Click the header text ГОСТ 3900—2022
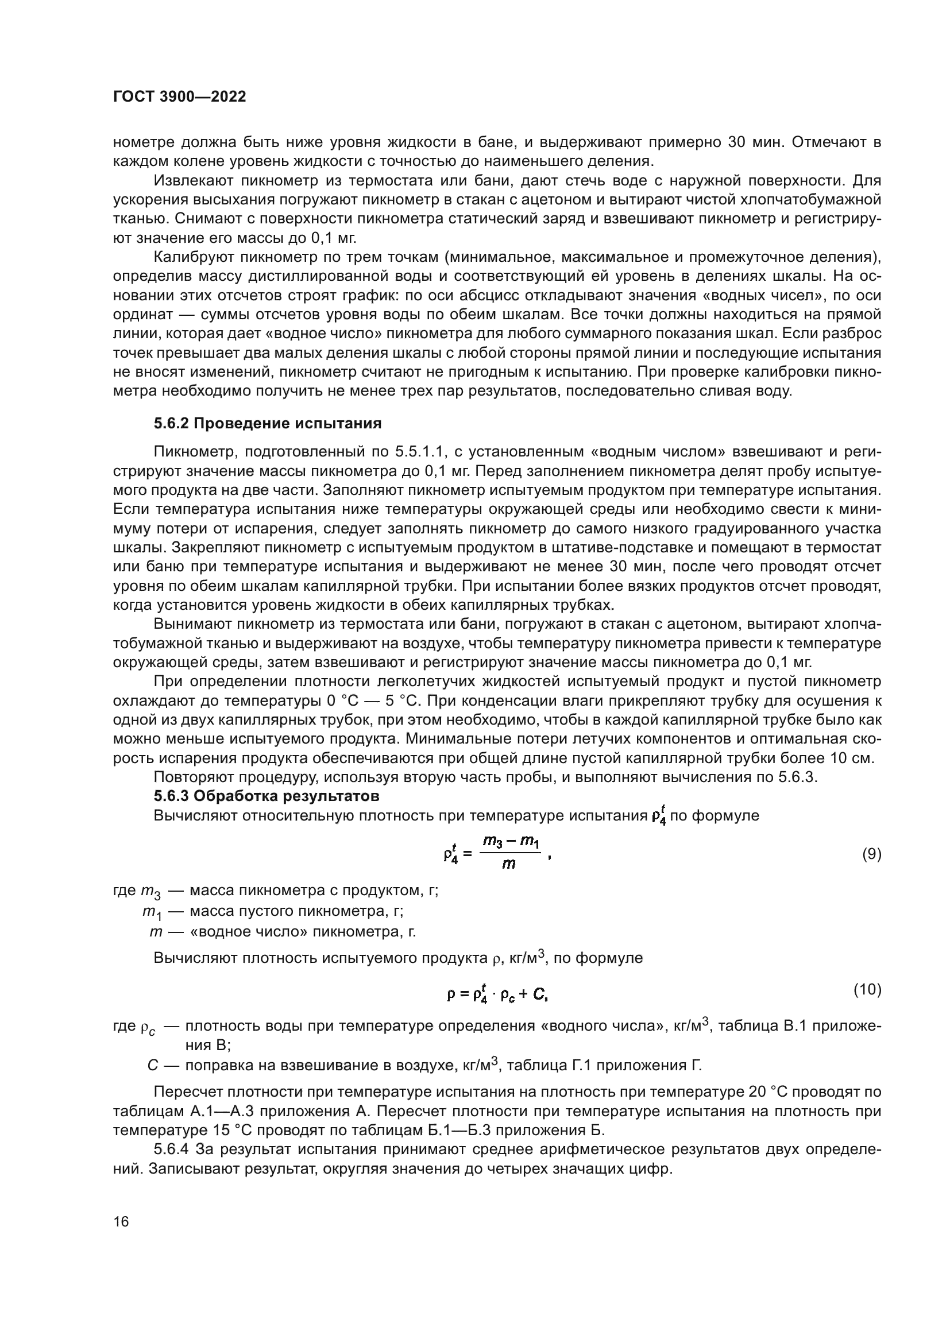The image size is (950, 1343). pos(179,97)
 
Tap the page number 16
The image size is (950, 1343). pos(121,1221)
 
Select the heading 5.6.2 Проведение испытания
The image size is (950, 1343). pos(267,424)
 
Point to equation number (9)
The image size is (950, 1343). pos(872,854)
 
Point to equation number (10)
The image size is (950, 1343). pos(867,990)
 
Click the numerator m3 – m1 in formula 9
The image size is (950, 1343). pos(510,842)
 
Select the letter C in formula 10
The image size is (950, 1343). pos(538,994)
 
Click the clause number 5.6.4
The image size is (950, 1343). pos(171,1150)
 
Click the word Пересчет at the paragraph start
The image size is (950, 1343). pos(188,1092)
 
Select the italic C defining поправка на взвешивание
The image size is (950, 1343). pos(153,1065)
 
